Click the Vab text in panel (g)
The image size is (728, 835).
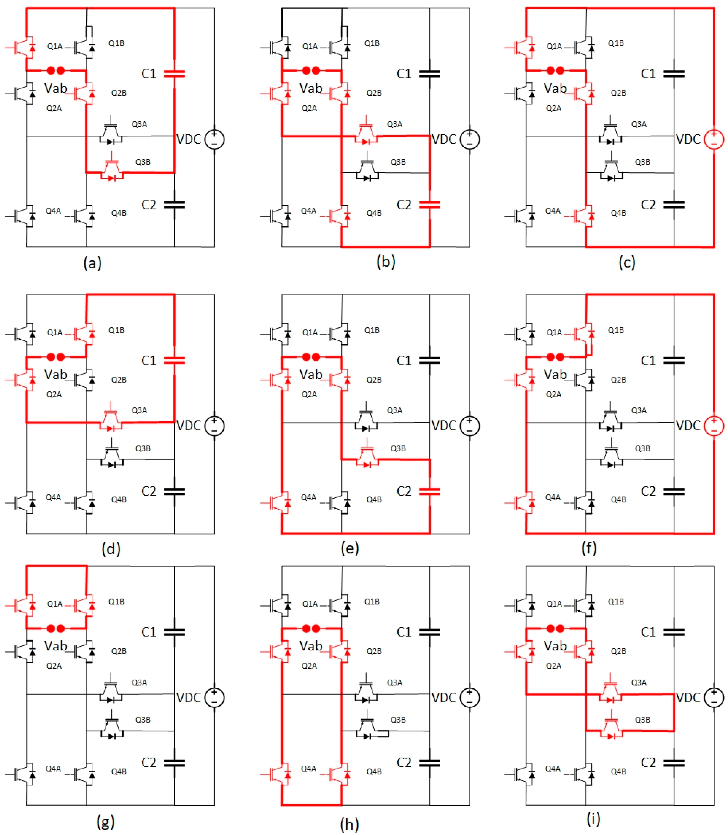click(x=56, y=646)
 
